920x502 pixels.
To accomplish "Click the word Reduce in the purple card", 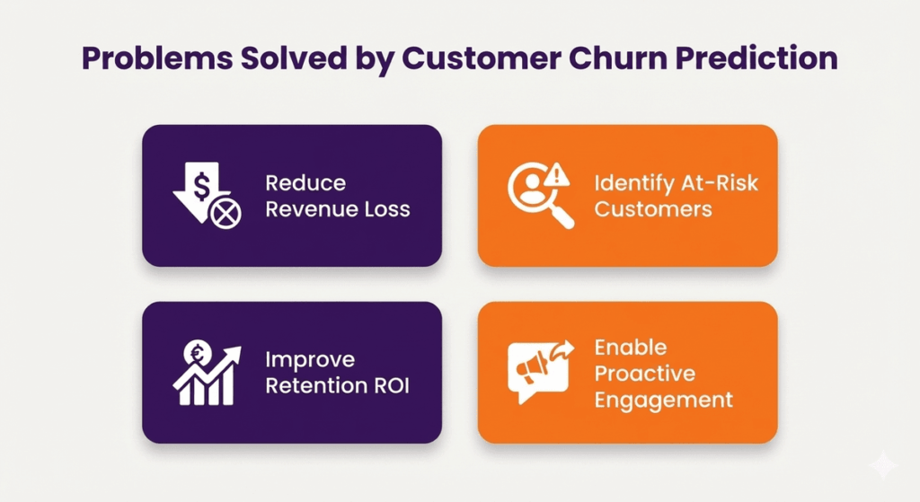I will pos(305,183).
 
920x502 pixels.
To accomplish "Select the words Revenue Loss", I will pos(337,210).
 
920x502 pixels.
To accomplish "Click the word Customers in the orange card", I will pos(653,210).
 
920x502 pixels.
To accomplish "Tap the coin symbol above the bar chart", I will pos(195,352).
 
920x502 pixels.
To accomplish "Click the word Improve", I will pos(310,360).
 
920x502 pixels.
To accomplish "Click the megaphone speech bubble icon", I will pos(539,371).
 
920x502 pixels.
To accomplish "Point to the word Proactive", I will pos(644,374).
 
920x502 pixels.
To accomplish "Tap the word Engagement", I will pos(663,400).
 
